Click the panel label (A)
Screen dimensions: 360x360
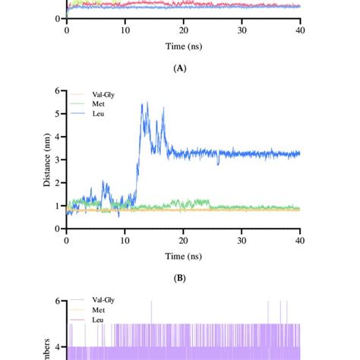point(180,68)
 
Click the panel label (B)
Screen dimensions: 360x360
point(180,278)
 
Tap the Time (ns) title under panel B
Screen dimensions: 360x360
point(183,255)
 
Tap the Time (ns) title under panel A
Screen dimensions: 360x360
point(183,46)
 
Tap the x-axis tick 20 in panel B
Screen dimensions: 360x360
point(183,239)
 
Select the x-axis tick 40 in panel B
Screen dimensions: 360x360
point(300,239)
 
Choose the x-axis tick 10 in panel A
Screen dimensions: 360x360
point(125,30)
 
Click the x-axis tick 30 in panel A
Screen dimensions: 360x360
point(242,30)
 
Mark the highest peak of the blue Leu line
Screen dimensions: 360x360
point(147,103)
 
